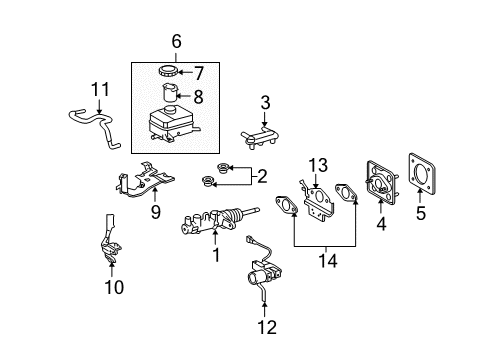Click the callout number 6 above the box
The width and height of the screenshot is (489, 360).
[x=176, y=43]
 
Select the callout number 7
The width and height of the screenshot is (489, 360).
[x=198, y=73]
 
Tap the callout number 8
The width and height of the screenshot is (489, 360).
[x=198, y=97]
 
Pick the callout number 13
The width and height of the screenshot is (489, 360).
[x=317, y=164]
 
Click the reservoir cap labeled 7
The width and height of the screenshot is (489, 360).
[x=167, y=73]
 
